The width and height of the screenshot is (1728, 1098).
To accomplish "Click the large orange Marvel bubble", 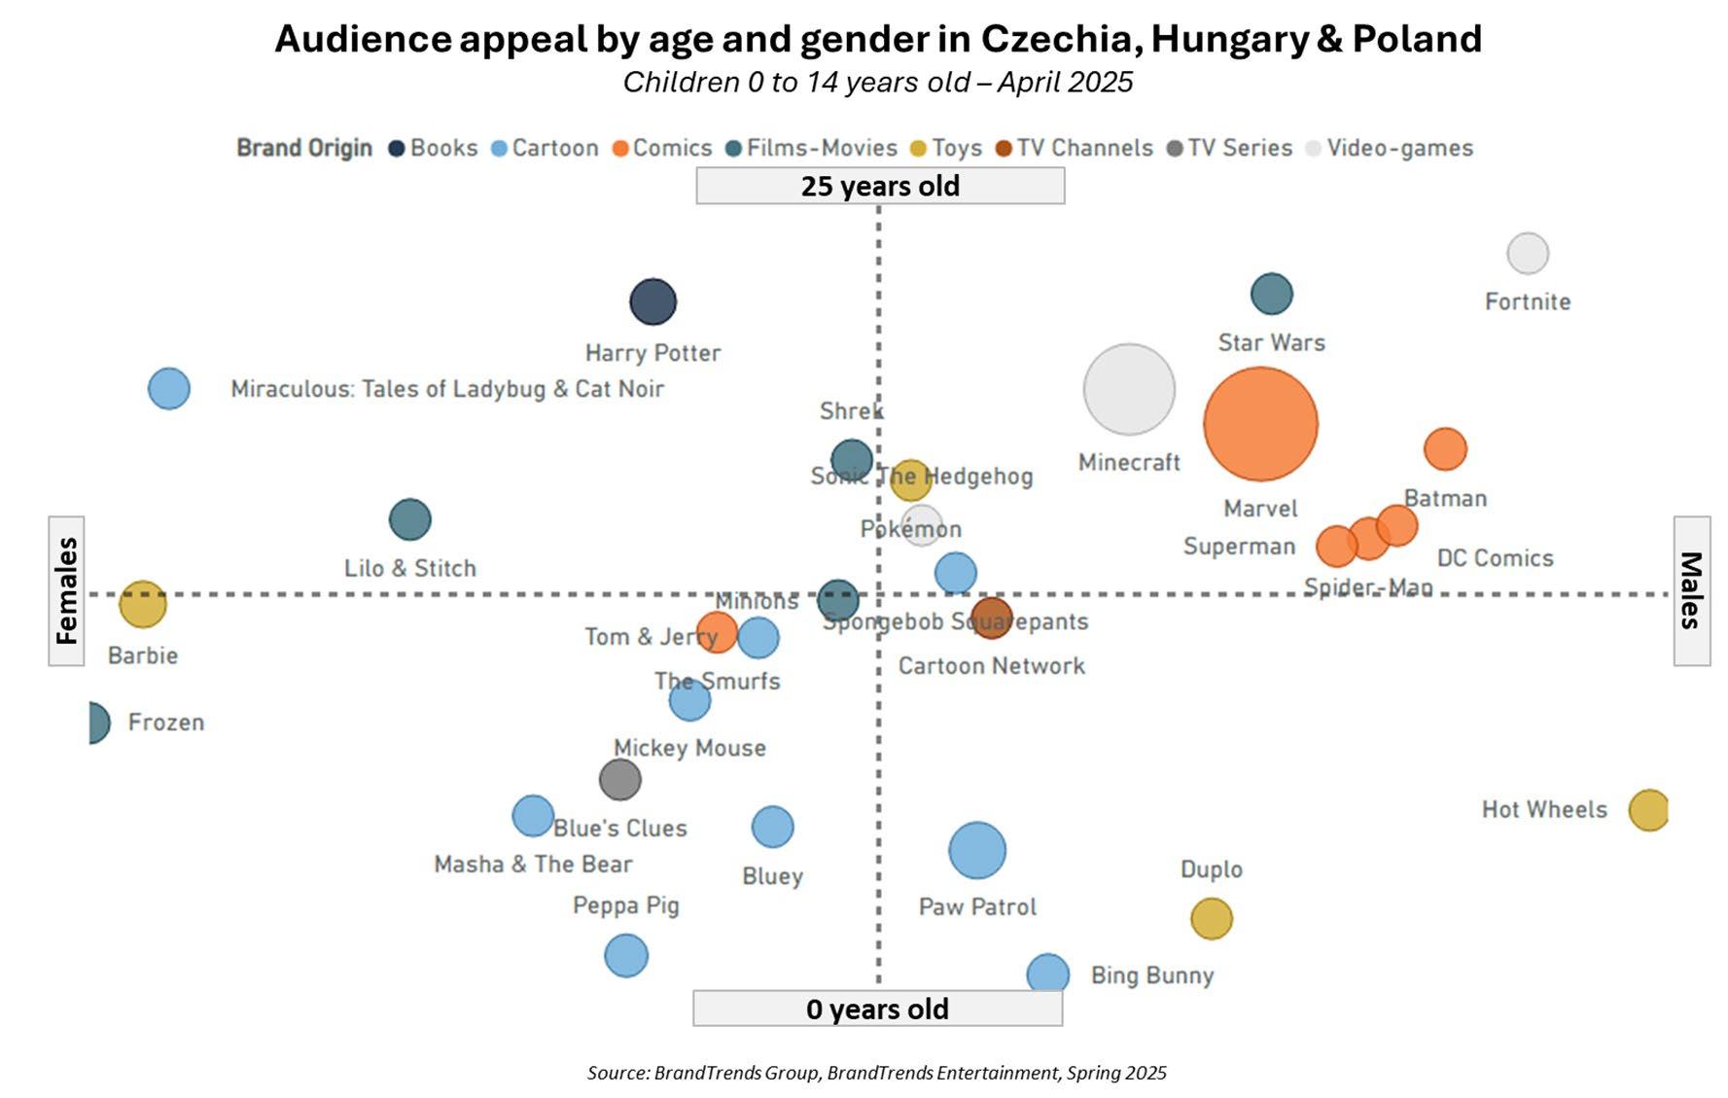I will (1260, 424).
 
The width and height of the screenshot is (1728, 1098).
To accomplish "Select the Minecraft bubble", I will (1129, 389).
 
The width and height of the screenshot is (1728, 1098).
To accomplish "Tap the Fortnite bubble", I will (1528, 254).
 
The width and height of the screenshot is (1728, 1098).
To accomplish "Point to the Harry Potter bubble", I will (653, 301).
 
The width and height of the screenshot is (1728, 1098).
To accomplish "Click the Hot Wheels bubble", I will (1648, 809).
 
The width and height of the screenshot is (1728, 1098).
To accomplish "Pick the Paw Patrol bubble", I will (977, 850).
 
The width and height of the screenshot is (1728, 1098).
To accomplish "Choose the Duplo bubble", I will (1212, 918).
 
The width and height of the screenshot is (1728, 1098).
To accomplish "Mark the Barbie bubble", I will (143, 605).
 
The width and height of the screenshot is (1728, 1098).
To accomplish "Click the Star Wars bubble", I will (1272, 294).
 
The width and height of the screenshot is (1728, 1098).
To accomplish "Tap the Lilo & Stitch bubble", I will (410, 519).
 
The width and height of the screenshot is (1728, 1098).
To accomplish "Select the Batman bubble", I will (1445, 448).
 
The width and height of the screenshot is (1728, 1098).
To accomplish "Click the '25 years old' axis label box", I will (880, 186).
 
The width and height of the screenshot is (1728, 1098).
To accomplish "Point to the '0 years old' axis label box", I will (877, 1009).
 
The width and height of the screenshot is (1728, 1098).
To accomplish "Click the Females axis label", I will (66, 590).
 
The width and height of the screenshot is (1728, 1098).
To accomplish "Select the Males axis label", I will (1691, 590).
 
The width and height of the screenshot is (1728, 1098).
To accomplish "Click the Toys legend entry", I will (946, 148).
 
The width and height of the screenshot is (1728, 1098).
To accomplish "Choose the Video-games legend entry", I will (1390, 148).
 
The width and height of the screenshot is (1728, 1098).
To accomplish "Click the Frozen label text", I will (166, 723).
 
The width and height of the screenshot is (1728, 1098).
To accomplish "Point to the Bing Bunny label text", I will (1152, 975).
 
